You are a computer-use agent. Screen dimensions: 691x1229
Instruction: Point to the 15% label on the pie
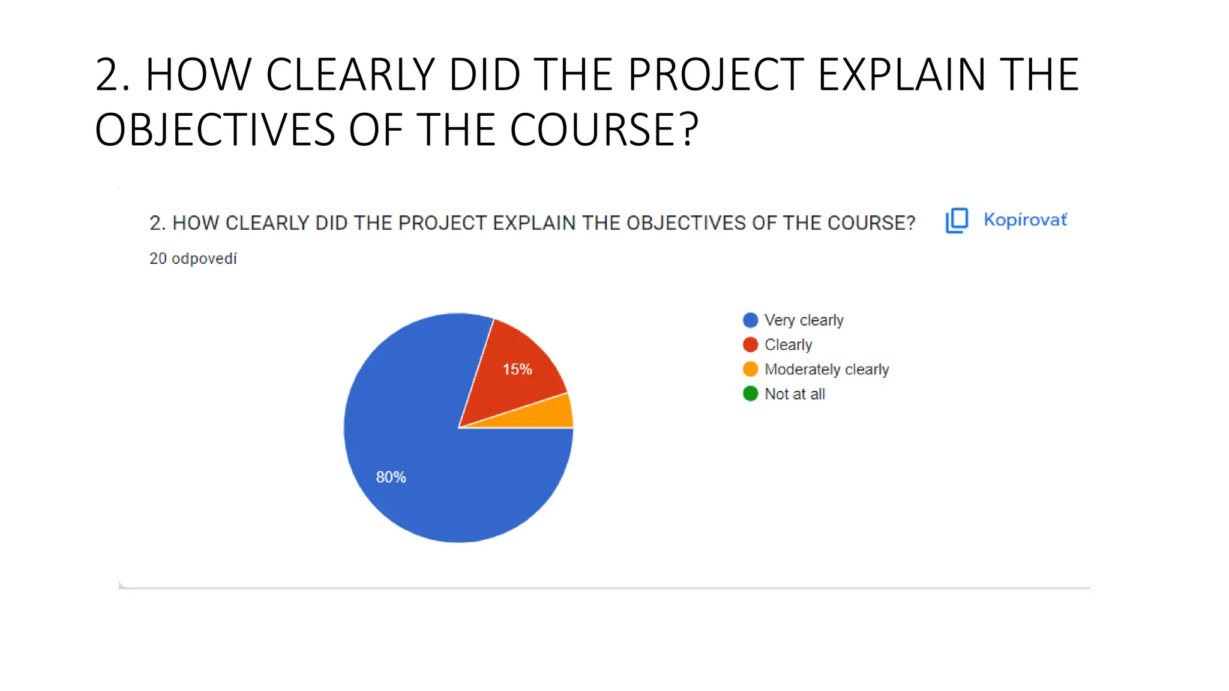(517, 369)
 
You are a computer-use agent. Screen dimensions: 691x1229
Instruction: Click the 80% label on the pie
(391, 477)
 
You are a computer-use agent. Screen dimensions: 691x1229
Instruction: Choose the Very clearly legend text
(804, 320)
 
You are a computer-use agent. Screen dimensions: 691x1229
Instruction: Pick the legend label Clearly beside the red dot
(788, 345)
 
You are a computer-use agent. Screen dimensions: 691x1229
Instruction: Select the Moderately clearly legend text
(826, 369)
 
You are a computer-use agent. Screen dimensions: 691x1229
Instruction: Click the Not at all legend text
(795, 394)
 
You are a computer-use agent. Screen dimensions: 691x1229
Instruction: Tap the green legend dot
(750, 393)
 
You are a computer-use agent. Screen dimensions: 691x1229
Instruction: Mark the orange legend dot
(750, 369)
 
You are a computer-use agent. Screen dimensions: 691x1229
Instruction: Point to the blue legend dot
(750, 320)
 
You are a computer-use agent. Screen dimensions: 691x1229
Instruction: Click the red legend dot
(750, 345)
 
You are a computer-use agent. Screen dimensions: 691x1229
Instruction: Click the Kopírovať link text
(1025, 220)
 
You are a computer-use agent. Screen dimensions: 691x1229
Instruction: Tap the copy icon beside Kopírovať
(957, 220)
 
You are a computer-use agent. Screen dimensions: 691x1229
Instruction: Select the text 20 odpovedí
(193, 259)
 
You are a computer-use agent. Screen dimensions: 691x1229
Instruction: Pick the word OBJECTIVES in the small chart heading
(686, 223)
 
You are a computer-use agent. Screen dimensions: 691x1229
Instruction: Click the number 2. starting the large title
(113, 75)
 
